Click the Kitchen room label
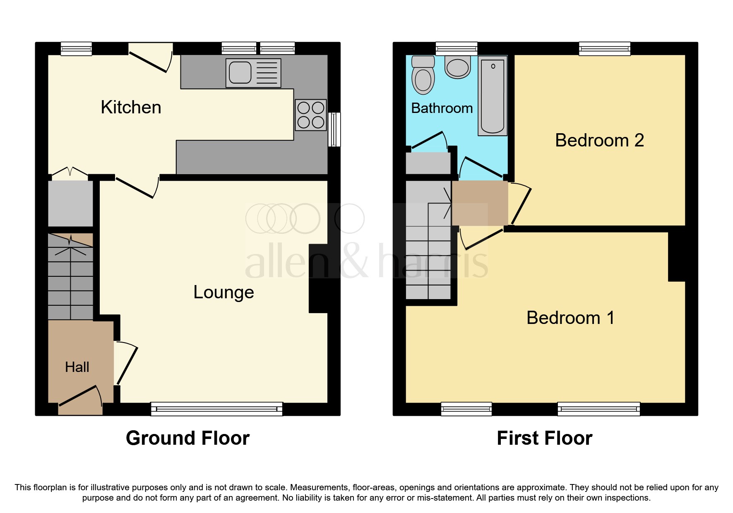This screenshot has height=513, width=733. coord(131,108)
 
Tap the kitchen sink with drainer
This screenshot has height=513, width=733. coord(253,73)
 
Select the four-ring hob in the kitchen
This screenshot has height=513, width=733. coord(311,115)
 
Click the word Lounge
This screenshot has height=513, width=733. coord(224,292)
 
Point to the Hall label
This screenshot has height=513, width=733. coord(77,367)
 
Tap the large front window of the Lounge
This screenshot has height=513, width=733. coord(216,409)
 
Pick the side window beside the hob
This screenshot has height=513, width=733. coord(334,129)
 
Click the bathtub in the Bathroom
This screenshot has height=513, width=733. coord(493,96)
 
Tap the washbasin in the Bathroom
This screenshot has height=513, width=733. coord(458,67)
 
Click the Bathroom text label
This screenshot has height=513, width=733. coord(442,108)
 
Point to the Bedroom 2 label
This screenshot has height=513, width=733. coord(599,141)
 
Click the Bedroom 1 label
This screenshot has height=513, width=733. coord(570,318)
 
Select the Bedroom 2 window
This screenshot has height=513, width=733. coord(605,49)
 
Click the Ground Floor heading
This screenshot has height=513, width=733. coord(187,438)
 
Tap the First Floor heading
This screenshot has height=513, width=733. coord(544,438)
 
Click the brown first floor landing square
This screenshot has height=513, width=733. coord(480,203)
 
